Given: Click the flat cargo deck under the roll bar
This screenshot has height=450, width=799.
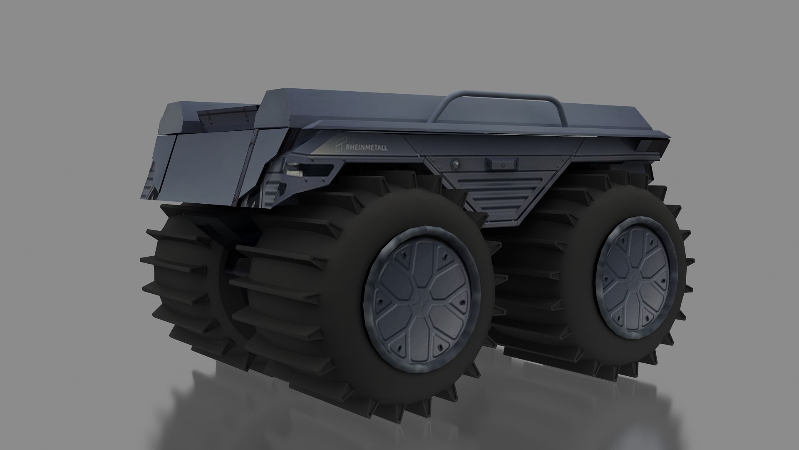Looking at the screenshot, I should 479,119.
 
